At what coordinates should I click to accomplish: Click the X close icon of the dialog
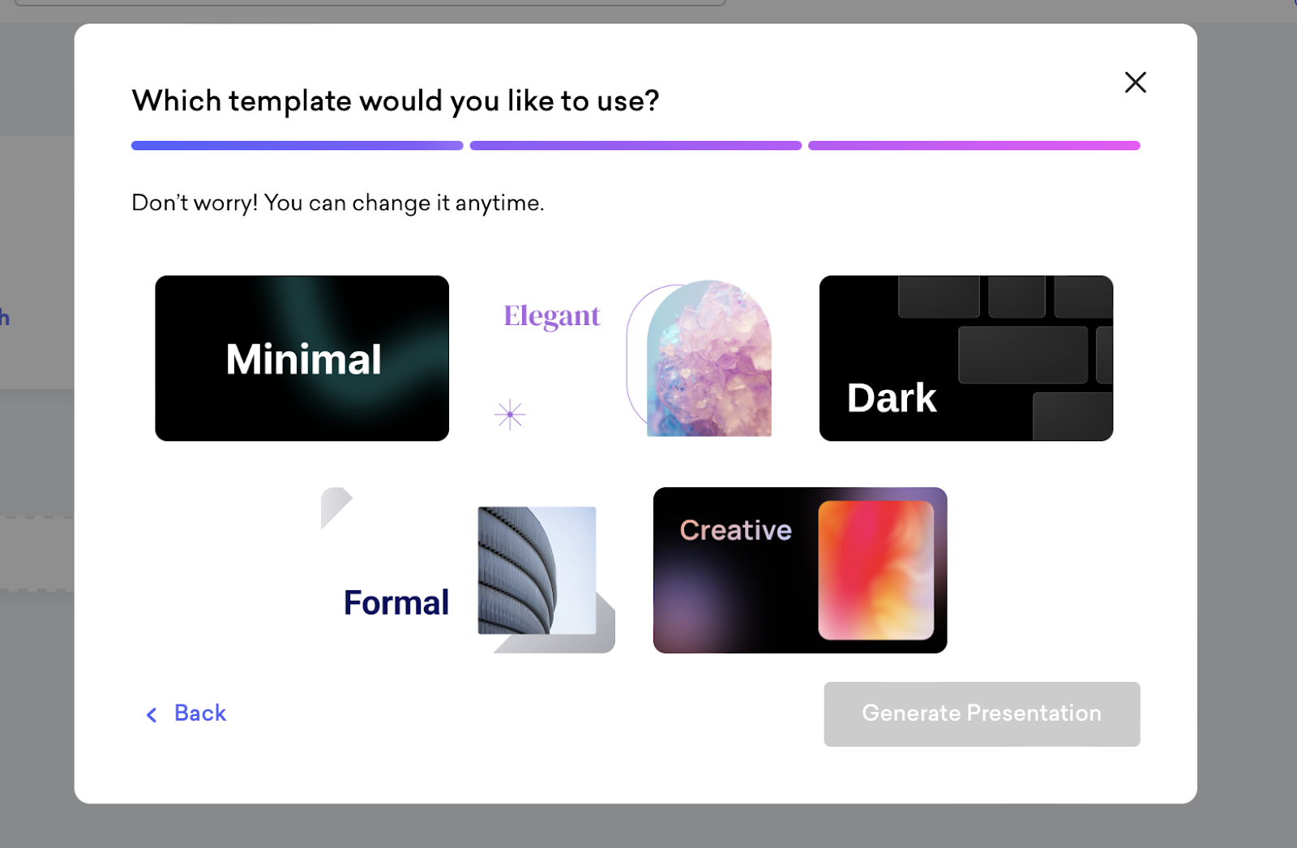point(1135,82)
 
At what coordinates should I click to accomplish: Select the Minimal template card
point(302,358)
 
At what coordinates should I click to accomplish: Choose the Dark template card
point(965,358)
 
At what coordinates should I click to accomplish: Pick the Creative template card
point(800,570)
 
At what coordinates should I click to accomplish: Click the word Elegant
point(551,316)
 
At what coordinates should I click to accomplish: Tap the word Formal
point(396,602)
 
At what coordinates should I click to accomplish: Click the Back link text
point(199,713)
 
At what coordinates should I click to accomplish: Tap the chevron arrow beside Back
point(152,715)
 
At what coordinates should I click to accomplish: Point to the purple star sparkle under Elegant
point(510,414)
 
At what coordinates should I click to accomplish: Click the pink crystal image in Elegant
point(708,359)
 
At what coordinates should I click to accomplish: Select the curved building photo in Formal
point(537,570)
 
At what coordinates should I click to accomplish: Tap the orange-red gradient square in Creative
point(875,570)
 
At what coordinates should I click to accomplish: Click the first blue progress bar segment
point(297,145)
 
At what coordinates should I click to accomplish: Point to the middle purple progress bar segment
point(636,145)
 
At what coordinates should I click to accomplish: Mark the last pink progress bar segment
point(974,145)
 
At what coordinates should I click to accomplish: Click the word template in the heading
point(289,101)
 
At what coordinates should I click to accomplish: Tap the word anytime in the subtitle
point(499,203)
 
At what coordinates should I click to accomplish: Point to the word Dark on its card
point(891,398)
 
